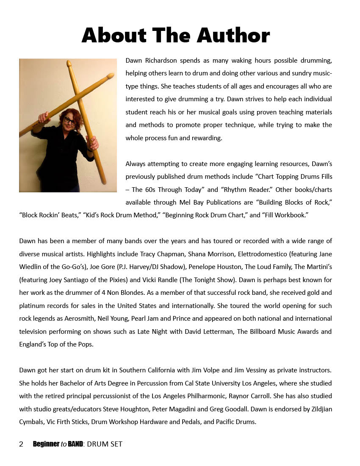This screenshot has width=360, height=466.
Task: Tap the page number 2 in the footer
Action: (21, 444)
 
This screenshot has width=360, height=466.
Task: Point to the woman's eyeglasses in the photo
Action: (70, 120)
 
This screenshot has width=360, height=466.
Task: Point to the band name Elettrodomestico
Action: (263, 254)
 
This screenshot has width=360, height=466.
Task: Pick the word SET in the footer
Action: (116, 444)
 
